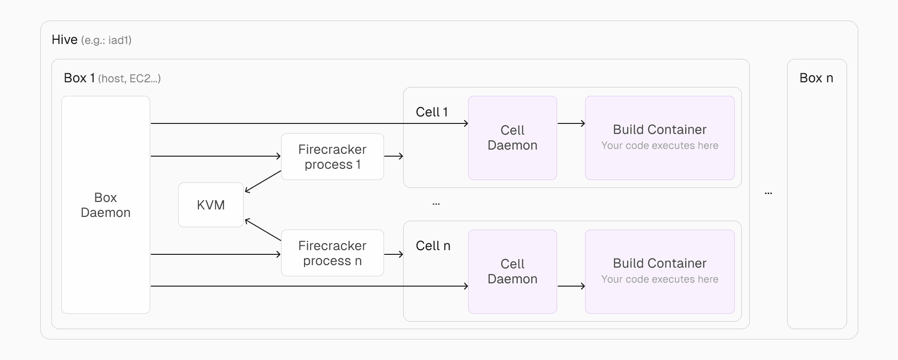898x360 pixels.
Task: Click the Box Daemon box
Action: tap(106, 205)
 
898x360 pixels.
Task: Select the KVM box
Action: tap(211, 205)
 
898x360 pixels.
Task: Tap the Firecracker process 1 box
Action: tap(332, 157)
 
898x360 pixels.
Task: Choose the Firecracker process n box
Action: tap(332, 253)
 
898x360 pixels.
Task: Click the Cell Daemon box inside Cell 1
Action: tap(512, 138)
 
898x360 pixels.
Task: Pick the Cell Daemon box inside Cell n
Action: tap(512, 272)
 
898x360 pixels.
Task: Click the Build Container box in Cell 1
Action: tap(659, 138)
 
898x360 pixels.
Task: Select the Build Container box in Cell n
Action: tap(659, 272)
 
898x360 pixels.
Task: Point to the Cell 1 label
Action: tap(432, 112)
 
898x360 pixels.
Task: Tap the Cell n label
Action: tap(433, 246)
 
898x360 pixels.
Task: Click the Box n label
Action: tap(816, 78)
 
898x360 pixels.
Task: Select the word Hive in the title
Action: tap(65, 40)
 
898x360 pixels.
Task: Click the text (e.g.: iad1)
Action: tap(106, 41)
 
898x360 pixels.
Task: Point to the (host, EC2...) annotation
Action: tap(129, 79)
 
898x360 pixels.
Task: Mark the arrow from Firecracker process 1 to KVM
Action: tap(263, 181)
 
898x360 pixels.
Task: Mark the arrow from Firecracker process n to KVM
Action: tap(263, 230)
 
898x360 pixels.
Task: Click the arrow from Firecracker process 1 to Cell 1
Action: tap(393, 156)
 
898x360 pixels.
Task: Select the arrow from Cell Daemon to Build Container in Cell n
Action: tap(571, 286)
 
